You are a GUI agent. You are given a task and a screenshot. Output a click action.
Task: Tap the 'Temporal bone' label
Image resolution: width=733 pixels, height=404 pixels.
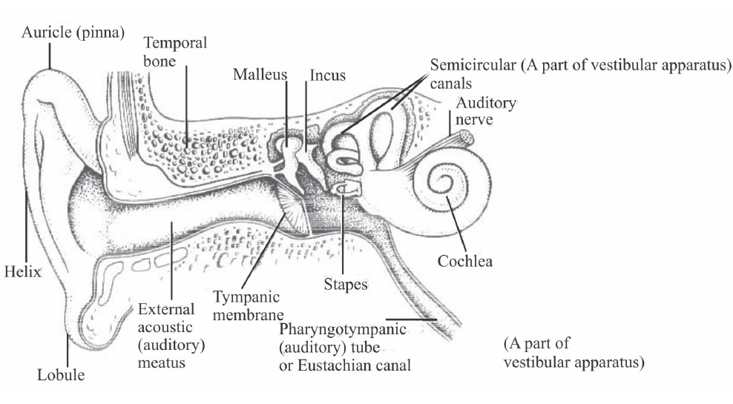tap(175, 53)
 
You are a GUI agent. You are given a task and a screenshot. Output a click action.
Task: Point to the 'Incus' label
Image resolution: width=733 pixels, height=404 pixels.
tap(327, 76)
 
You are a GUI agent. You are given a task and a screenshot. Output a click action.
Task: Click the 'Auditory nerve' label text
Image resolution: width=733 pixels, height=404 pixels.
tap(486, 110)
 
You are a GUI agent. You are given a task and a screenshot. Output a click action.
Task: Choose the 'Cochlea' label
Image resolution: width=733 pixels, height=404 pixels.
tap(464, 261)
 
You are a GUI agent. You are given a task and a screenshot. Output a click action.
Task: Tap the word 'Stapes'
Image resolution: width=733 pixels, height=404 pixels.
tap(346, 284)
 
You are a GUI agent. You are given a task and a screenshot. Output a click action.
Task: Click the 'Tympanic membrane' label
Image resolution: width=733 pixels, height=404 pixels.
tap(246, 305)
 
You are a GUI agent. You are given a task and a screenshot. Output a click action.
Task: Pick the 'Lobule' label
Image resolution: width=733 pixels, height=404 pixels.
tap(61, 375)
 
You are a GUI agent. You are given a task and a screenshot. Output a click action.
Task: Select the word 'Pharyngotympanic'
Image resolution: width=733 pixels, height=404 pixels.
tap(343, 329)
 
